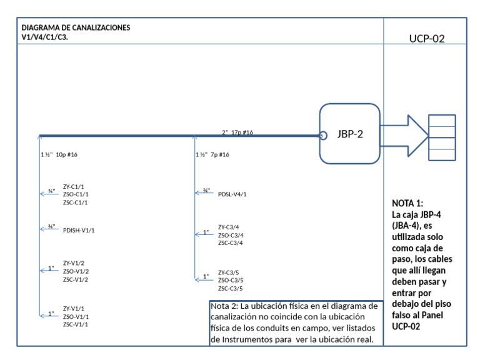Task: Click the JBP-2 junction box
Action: [350, 133]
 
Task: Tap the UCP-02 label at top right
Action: [426, 39]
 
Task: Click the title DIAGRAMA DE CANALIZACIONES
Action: [76, 27]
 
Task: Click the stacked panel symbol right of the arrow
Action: [442, 137]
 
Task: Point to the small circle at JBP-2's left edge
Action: [323, 135]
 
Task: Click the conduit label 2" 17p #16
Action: [237, 132]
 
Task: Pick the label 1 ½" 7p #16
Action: [212, 154]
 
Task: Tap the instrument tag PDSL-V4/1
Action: [232, 194]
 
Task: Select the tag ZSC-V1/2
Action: [76, 279]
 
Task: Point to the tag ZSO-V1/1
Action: [76, 317]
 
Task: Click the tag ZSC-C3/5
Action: [230, 289]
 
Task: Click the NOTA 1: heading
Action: [407, 204]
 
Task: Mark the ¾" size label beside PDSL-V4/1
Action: [207, 190]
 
